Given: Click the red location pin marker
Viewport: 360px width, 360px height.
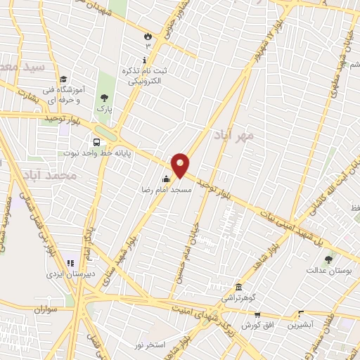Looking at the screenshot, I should click(x=181, y=165).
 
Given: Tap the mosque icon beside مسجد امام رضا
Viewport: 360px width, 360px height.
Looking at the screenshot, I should click(x=166, y=179).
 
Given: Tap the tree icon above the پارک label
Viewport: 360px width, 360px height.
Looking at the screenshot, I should click(x=105, y=98).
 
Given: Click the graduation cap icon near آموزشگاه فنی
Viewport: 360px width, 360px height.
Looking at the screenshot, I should click(x=63, y=79).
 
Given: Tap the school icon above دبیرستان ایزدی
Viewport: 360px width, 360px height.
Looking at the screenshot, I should click(x=70, y=263).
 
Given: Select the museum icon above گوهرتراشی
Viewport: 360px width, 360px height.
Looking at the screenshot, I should click(x=239, y=288).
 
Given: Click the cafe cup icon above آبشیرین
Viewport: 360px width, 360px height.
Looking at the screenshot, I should click(x=301, y=314).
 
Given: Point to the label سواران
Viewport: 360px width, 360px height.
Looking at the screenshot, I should click(x=44, y=309).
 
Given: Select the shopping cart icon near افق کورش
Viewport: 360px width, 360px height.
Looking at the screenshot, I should click(x=257, y=315).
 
